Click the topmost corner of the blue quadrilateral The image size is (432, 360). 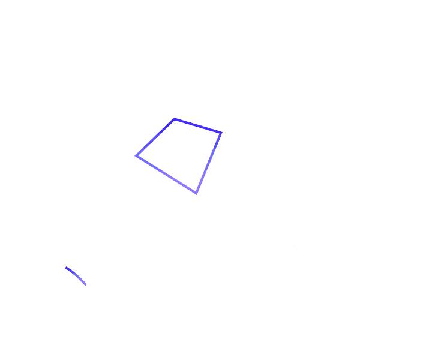click(174, 120)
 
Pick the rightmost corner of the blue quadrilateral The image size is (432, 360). click(221, 133)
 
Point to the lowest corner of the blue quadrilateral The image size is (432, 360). click(197, 193)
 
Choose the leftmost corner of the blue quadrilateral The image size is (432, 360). click(137, 156)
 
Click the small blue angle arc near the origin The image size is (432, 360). click(76, 275)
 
